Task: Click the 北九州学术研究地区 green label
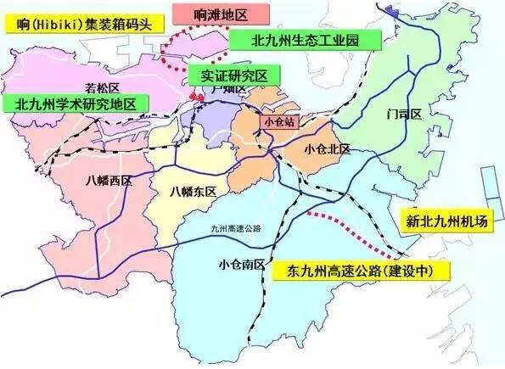[x=76, y=103]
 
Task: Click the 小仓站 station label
[x=278, y=121]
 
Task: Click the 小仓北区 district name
[x=326, y=148]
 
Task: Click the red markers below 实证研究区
[x=197, y=98]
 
